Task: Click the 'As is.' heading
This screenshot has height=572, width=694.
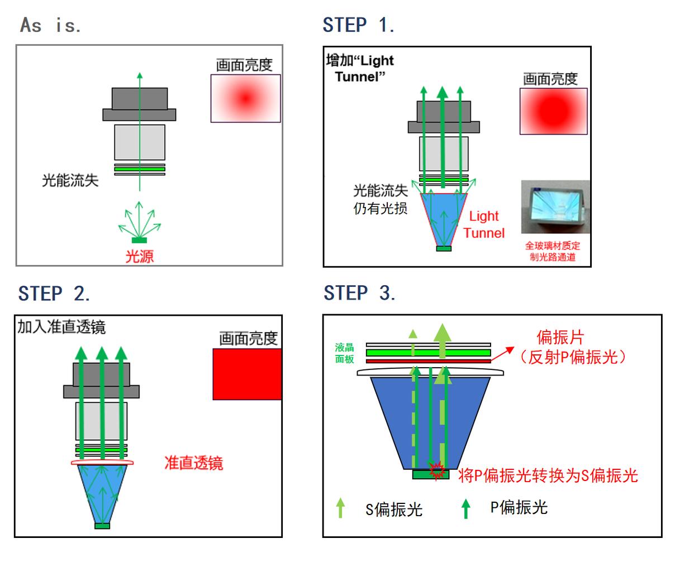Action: click(x=51, y=25)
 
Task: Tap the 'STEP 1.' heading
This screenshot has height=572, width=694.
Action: click(x=358, y=25)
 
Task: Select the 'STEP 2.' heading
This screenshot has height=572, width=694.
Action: click(x=54, y=294)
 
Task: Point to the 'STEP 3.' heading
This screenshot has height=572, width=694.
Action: click(x=359, y=293)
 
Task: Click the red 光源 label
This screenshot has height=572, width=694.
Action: click(x=139, y=256)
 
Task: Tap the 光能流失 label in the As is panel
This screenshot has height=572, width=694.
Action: click(x=70, y=180)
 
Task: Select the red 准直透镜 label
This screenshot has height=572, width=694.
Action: click(x=193, y=463)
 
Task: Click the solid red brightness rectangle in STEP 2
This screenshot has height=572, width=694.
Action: click(x=247, y=374)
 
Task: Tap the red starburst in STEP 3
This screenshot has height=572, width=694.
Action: click(x=436, y=470)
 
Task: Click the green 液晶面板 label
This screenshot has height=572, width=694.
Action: click(x=345, y=353)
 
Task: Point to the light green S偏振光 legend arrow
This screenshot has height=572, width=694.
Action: click(x=340, y=508)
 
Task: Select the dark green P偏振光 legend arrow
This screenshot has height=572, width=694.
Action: click(x=465, y=508)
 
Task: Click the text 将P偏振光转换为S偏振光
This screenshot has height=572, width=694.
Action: click(x=548, y=475)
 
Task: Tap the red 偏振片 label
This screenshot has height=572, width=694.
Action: click(x=560, y=337)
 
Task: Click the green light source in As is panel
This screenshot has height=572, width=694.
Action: click(x=139, y=240)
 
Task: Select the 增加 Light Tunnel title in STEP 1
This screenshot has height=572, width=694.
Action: click(x=360, y=68)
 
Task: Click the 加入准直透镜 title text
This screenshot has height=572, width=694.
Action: click(x=61, y=327)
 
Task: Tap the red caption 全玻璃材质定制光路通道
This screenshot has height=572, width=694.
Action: click(x=552, y=251)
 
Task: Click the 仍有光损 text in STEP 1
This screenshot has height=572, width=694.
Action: click(x=381, y=209)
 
